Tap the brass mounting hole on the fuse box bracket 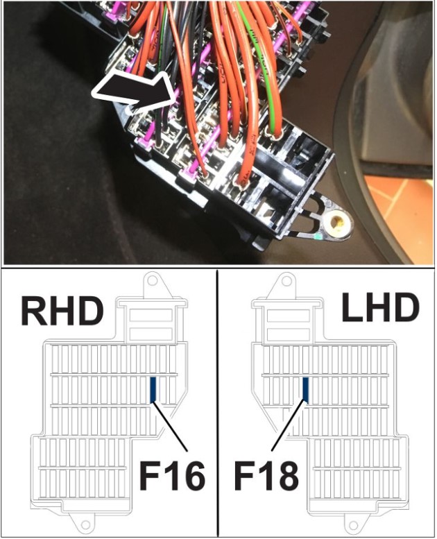click(338, 222)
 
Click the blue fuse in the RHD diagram click(154, 390)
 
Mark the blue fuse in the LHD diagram click(305, 390)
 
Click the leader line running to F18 click(288, 427)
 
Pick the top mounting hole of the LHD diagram click(286, 282)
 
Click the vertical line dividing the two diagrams click(218, 402)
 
